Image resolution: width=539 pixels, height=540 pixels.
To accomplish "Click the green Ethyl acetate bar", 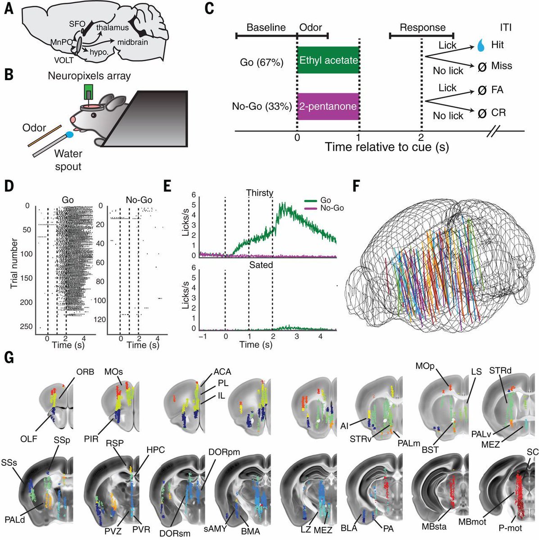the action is [328, 60].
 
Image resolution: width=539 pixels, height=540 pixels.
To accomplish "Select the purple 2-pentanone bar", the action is [328, 107].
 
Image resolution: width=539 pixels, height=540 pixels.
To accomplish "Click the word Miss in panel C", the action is [502, 66].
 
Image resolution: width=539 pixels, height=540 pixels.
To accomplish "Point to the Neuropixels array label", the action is [89, 76].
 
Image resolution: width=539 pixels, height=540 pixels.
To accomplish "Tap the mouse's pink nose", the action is [73, 119].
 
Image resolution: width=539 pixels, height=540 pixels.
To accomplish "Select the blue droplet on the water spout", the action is [70, 135].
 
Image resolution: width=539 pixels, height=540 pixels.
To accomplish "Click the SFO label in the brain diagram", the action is [77, 24].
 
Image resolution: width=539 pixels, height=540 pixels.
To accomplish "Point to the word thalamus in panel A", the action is [113, 28].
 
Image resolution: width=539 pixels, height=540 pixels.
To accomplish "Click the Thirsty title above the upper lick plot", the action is [260, 193].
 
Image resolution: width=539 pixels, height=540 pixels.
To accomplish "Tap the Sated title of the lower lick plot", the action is [261, 265].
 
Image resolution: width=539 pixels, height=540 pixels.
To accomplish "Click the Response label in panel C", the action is [422, 28].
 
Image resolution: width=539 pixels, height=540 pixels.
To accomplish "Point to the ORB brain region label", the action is [85, 372].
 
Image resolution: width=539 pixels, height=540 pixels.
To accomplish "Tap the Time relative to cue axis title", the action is [387, 147].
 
